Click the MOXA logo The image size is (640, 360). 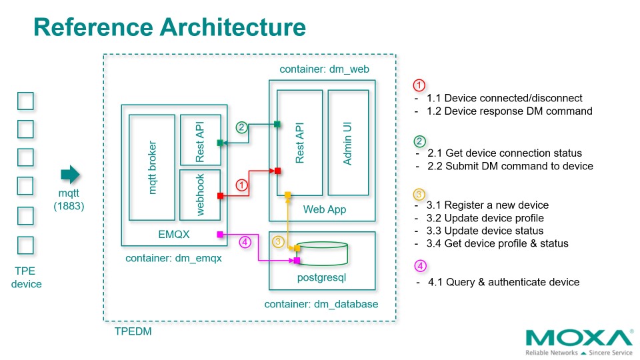pos(579,338)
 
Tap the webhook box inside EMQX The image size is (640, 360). pos(199,195)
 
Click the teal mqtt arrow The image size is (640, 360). pos(70,175)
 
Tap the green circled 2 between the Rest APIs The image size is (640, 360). pos(242,127)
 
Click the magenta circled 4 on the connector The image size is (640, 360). pos(245,242)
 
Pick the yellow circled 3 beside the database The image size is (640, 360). pos(279,242)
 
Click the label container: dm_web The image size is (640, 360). pos(324,69)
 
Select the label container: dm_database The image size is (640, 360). pos(321,304)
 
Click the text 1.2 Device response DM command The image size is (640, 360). pos(509,111)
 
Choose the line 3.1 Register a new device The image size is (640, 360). pos(487,205)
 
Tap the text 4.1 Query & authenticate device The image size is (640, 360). pos(503,282)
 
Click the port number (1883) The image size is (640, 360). pos(69,207)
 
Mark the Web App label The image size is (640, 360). pos(325,210)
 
